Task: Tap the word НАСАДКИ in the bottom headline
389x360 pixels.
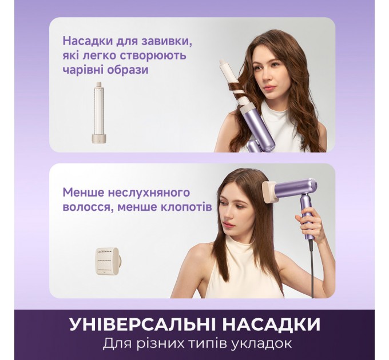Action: pyautogui.click(x=271, y=325)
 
